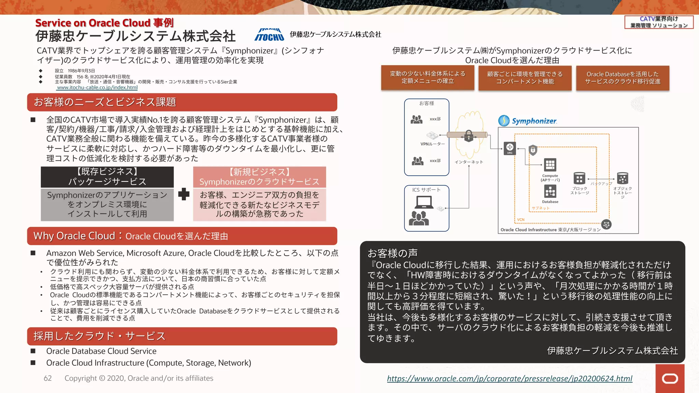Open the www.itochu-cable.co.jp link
pyautogui.click(x=97, y=88)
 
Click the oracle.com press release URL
pyautogui.click(x=509, y=378)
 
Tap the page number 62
pyautogui.click(x=48, y=378)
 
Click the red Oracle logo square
pyautogui.click(x=670, y=378)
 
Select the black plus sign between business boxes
pyautogui.click(x=184, y=194)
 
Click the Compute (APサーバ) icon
pyautogui.click(x=550, y=165)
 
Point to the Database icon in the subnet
pyautogui.click(x=550, y=191)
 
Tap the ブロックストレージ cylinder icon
pyautogui.click(x=579, y=178)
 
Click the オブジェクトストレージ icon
pyautogui.click(x=622, y=178)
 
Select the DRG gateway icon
pyautogui.click(x=510, y=148)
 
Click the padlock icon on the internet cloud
pyautogui.click(x=469, y=136)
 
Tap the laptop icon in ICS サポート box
pyautogui.click(x=424, y=203)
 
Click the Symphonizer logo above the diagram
pyautogui.click(x=527, y=121)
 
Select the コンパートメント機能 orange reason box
pyautogui.click(x=525, y=78)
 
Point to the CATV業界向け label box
pyautogui.click(x=658, y=22)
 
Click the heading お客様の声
pyautogui.click(x=392, y=253)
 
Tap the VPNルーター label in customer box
pyautogui.click(x=432, y=144)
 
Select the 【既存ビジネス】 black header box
pyautogui.click(x=107, y=177)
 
